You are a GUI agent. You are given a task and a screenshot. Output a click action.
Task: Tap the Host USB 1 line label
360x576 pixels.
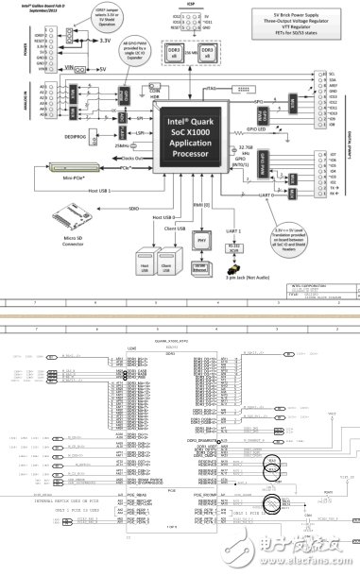point(104,193)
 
